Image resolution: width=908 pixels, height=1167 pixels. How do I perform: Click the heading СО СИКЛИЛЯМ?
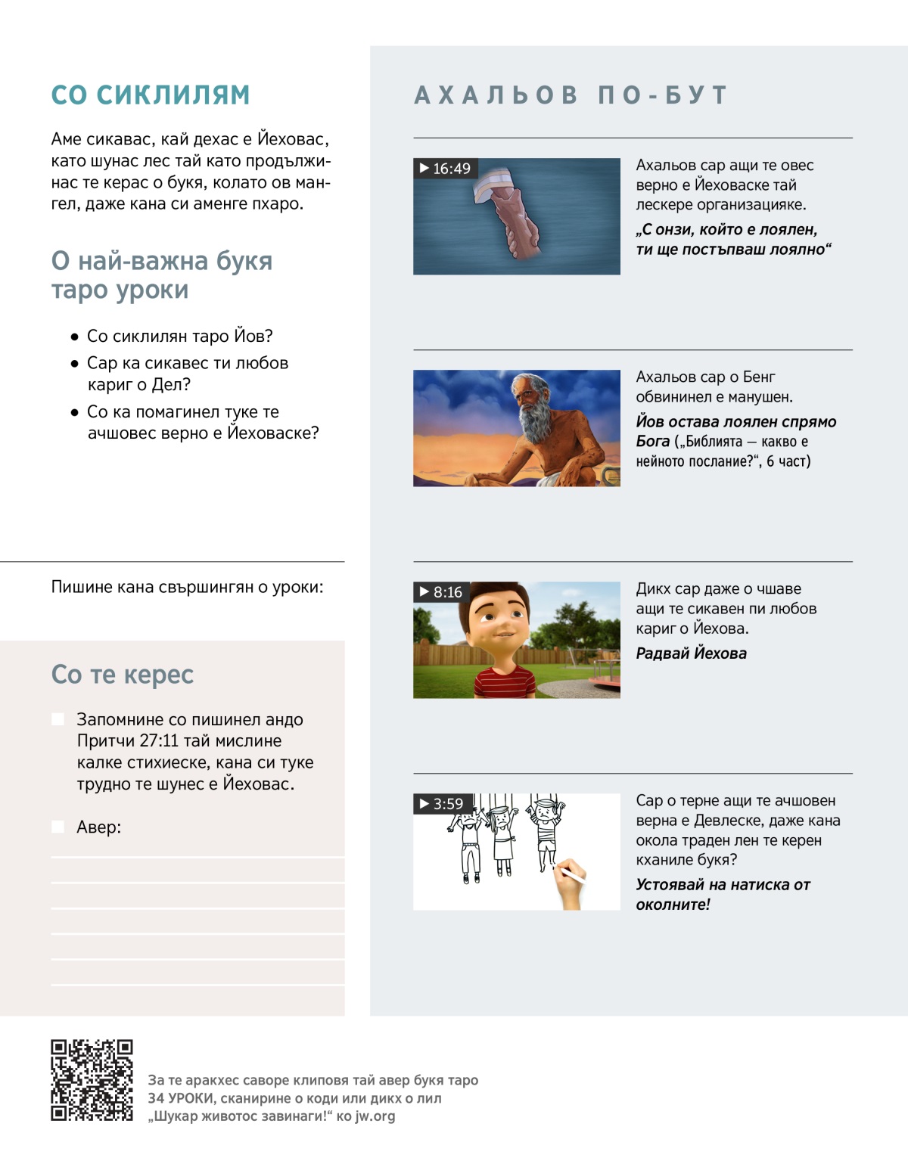[x=150, y=95]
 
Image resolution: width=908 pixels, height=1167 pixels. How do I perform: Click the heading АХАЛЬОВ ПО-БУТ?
[x=571, y=95]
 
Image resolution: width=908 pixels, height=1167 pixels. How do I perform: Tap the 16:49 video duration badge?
[x=446, y=169]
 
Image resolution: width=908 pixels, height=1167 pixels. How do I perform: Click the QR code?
[x=92, y=1080]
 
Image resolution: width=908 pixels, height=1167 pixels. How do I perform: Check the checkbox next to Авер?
[x=58, y=827]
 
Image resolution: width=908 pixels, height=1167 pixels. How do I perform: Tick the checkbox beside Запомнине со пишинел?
[x=58, y=719]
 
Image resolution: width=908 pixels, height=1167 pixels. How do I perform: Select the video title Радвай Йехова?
[x=691, y=653]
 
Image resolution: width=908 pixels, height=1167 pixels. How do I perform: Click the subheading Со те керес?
[x=123, y=675]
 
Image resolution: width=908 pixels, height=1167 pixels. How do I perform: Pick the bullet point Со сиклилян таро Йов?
[x=179, y=336]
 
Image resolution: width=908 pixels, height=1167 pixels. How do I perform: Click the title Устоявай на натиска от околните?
[x=723, y=894]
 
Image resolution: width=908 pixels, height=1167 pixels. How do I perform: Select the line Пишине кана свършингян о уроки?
[x=187, y=587]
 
